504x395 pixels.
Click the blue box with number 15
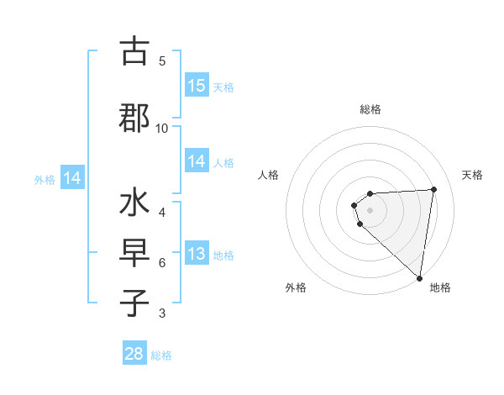click(196, 86)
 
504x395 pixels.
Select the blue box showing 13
click(196, 254)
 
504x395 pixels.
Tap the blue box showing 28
click(134, 354)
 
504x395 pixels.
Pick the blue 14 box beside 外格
click(72, 178)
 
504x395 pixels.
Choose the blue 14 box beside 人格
click(196, 161)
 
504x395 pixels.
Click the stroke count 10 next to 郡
click(162, 128)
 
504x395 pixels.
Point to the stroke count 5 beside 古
click(162, 61)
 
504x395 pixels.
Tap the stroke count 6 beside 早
click(162, 263)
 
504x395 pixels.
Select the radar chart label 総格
click(370, 109)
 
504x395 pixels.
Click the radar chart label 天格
click(472, 175)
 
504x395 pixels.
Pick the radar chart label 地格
click(440, 287)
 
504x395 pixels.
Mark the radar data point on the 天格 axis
click(433, 189)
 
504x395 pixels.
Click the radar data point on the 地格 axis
click(419, 277)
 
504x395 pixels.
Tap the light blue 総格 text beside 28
click(161, 355)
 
